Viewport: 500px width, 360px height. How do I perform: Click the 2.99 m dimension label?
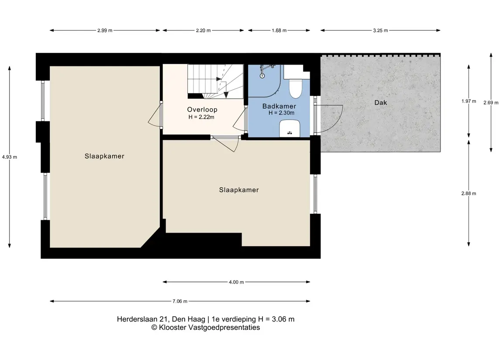click(x=105, y=31)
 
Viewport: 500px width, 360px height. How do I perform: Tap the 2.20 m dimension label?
click(x=203, y=31)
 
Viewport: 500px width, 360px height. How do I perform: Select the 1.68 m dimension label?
click(x=279, y=31)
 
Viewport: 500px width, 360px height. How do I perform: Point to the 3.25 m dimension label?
click(x=380, y=31)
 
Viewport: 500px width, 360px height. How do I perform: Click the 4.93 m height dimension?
click(x=10, y=157)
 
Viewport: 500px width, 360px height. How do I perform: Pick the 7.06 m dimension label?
click(x=180, y=302)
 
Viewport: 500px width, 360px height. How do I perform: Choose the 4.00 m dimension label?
click(x=236, y=282)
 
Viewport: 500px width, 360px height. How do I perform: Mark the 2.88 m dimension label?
click(x=469, y=193)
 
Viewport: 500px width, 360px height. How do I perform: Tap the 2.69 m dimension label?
click(x=491, y=103)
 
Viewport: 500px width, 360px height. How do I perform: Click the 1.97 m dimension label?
click(x=469, y=101)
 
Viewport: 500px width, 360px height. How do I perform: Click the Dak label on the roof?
click(x=381, y=103)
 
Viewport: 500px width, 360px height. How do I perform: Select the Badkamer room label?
click(x=279, y=106)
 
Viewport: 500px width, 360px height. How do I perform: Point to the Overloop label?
click(x=202, y=110)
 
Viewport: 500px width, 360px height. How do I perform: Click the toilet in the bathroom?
click(x=295, y=86)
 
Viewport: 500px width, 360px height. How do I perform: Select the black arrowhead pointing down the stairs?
click(x=226, y=95)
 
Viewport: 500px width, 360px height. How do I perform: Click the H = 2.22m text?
click(x=201, y=117)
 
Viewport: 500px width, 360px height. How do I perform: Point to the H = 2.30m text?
click(x=282, y=113)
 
